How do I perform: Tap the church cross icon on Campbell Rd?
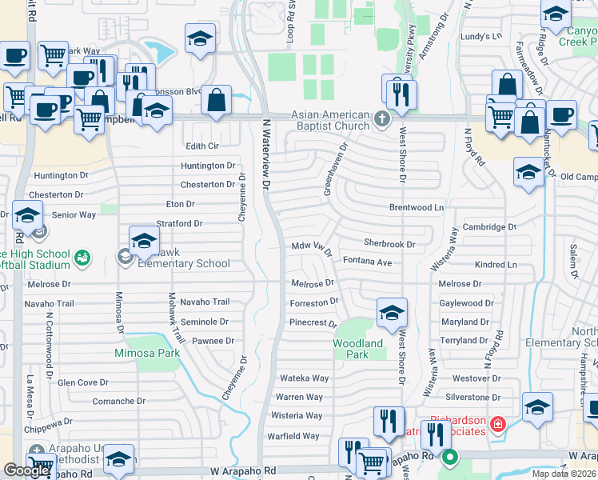[x=381, y=121]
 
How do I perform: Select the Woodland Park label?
[x=357, y=349]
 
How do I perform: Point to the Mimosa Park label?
[x=146, y=353]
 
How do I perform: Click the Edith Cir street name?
[x=201, y=146]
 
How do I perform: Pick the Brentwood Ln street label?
[x=416, y=207]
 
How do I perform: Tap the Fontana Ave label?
[x=367, y=262]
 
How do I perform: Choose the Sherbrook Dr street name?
[x=389, y=243]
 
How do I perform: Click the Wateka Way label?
[x=303, y=378]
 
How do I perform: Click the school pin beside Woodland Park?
[x=392, y=314]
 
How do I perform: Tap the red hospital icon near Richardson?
[x=497, y=422]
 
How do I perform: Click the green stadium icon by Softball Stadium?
[x=82, y=258]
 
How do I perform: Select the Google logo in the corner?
[x=26, y=470]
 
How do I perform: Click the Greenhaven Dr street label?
[x=337, y=168]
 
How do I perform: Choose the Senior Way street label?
[x=74, y=215]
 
